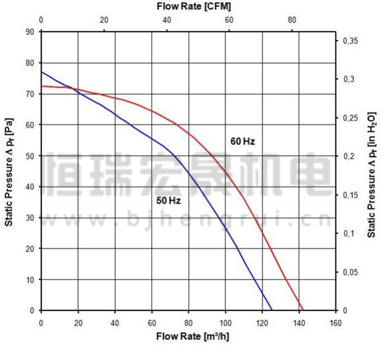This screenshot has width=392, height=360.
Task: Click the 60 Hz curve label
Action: click(243, 141)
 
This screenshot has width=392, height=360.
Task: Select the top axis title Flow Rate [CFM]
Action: click(194, 7)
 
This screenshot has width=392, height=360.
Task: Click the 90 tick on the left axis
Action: click(30, 32)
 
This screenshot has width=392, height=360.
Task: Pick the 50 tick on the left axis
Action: click(30, 156)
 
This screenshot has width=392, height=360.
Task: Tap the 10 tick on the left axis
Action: click(30, 280)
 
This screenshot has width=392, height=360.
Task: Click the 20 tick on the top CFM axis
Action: click(104, 20)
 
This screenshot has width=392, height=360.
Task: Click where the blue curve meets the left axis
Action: click(41, 72)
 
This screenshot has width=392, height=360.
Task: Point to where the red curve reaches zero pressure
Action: click(303, 310)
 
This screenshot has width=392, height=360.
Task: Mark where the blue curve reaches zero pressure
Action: click(272, 310)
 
